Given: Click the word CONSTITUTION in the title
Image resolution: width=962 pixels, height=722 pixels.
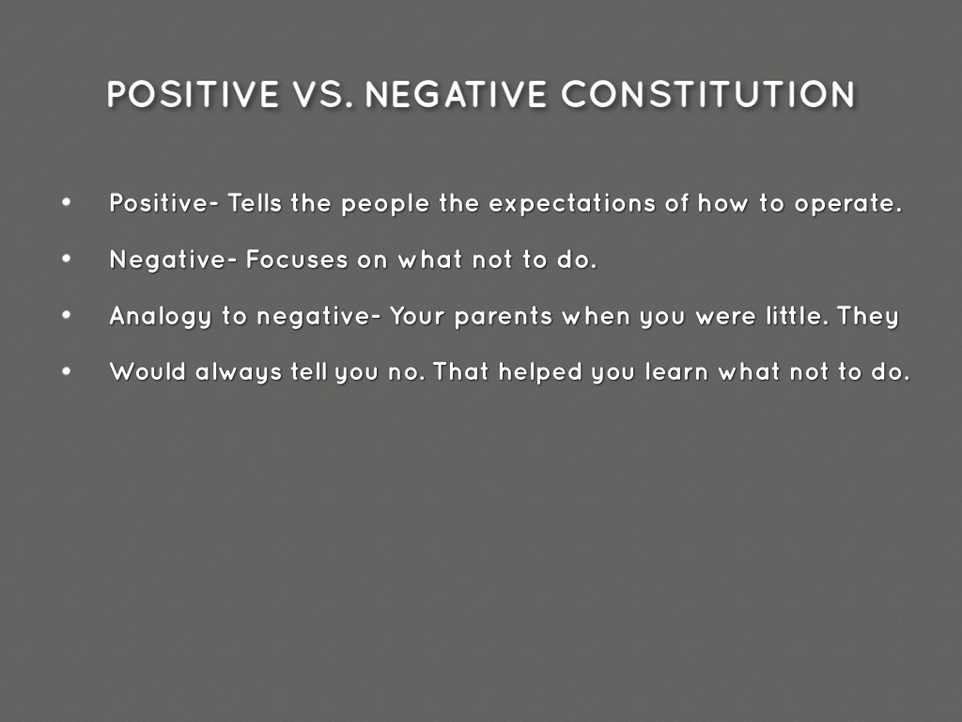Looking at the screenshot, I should coord(709,94).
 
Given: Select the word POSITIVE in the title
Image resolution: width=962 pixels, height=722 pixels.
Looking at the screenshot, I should coord(193,94).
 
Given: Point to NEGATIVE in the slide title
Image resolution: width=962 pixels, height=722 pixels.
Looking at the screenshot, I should coord(456,94).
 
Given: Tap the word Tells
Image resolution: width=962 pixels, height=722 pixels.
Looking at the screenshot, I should coord(255,204).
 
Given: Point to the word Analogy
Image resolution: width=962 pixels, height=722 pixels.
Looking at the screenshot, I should coord(161,317).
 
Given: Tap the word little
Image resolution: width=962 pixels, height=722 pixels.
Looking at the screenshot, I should coord(795,316).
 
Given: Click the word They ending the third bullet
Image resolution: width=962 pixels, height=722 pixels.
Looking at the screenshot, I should coord(869,317).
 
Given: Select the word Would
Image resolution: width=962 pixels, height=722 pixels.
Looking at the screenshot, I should coord(148,371).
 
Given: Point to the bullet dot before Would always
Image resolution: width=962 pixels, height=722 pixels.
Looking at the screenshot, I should coord(66,371).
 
